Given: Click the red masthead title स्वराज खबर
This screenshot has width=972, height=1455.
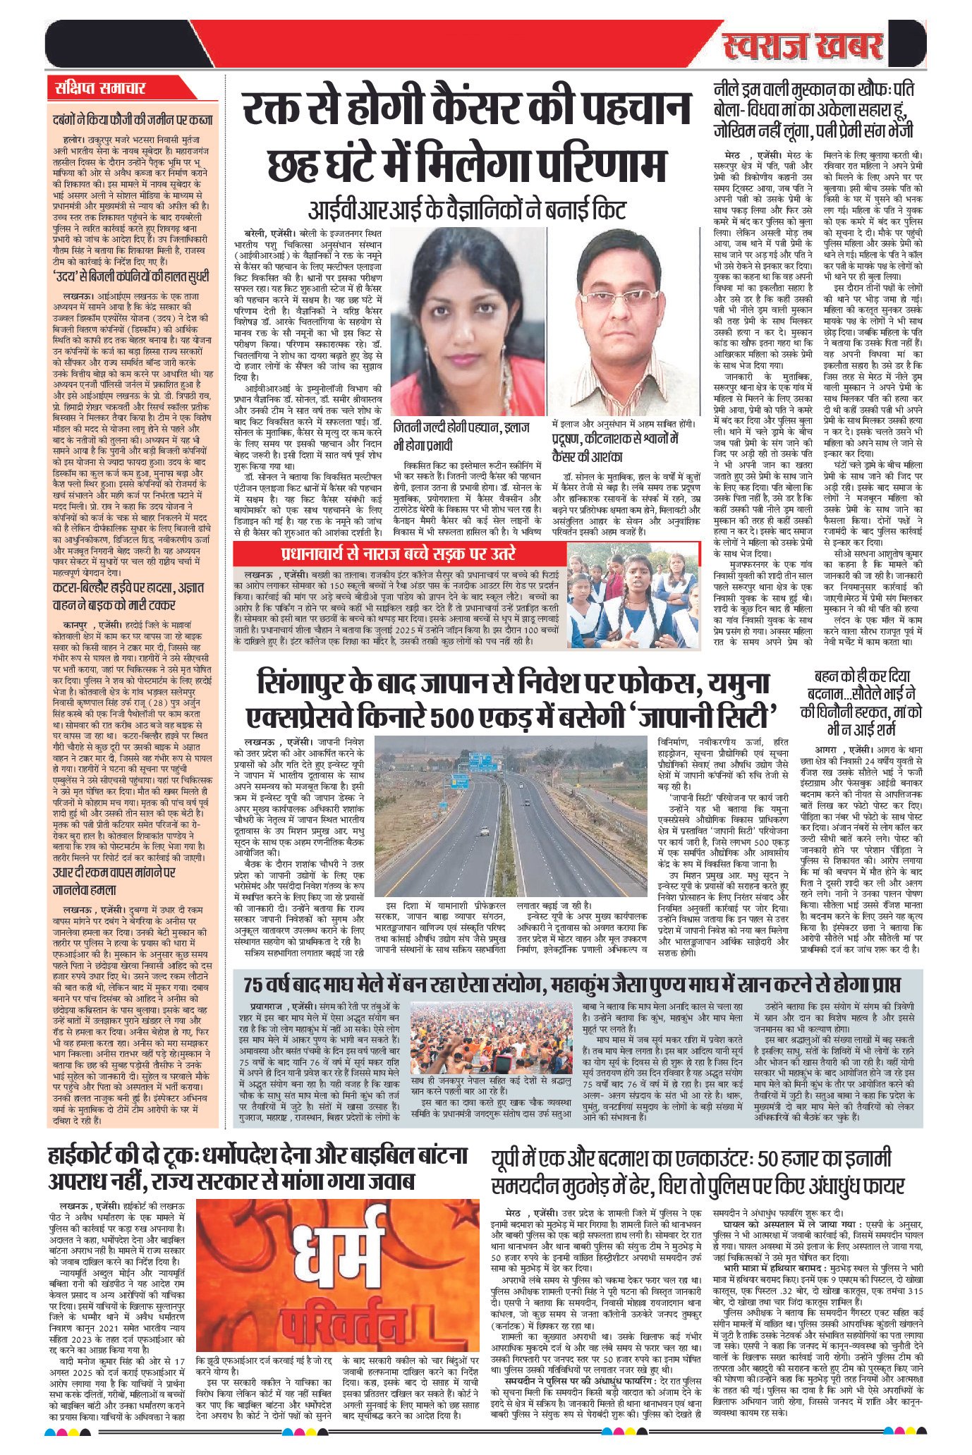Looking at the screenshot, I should click(803, 47).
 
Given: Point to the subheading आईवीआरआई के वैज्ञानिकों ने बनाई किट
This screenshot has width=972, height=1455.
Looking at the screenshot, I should click(466, 209).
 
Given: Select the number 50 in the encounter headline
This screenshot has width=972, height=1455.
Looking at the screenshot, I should click(767, 1159).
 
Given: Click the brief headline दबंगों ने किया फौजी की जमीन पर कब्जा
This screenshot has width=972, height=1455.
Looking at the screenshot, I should click(133, 120).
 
